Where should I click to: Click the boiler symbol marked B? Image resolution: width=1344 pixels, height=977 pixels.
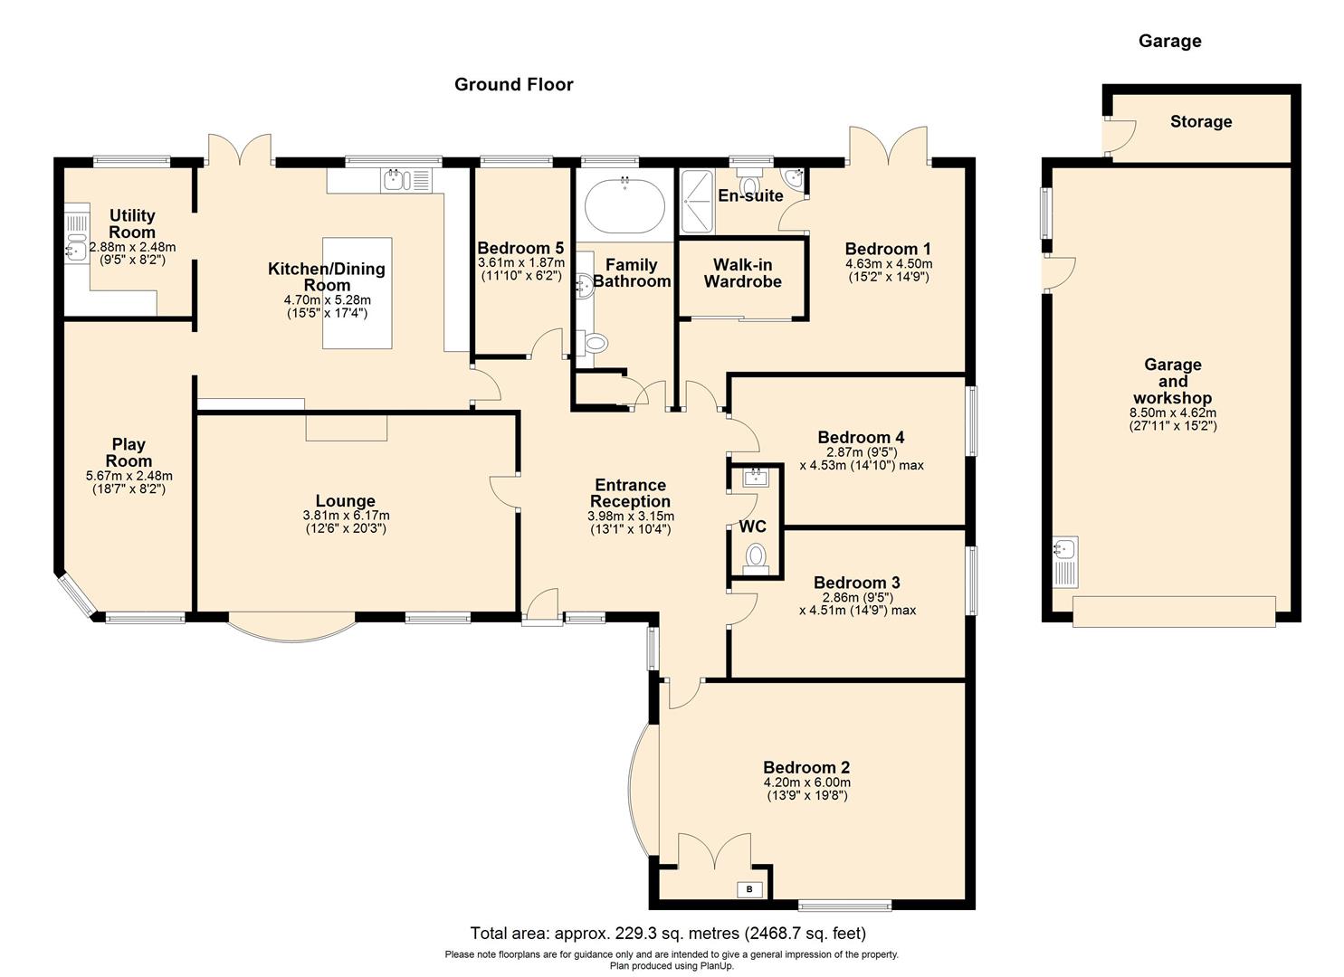[749, 890]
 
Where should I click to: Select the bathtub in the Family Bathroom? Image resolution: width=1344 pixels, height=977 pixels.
[625, 205]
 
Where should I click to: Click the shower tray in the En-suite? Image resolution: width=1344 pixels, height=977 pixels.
[698, 201]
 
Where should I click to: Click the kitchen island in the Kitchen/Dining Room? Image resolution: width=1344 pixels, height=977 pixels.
[358, 292]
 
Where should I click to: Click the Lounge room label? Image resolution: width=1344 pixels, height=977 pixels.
[345, 501]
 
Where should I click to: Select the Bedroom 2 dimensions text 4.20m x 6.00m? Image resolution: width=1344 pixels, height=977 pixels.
[806, 783]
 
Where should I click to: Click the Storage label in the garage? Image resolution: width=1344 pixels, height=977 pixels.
[1200, 122]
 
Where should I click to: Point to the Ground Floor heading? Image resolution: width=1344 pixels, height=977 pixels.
[513, 85]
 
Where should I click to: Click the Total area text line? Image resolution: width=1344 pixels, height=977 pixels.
[668, 933]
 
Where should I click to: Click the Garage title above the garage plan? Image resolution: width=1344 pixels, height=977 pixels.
[1169, 41]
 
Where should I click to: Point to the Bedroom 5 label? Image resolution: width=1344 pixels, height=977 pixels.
[520, 248]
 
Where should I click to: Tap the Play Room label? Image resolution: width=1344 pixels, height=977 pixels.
[129, 452]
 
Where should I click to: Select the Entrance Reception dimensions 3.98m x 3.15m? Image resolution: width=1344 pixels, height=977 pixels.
[630, 517]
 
